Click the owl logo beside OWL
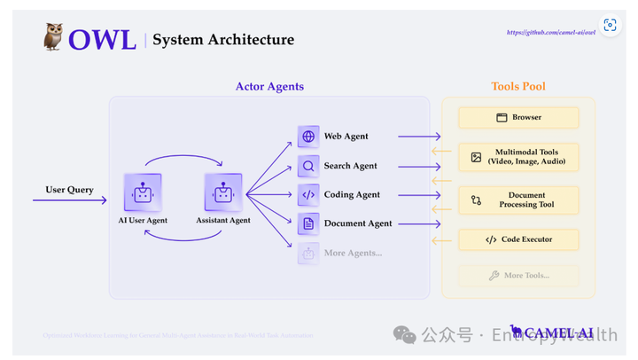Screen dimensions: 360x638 point(52,37)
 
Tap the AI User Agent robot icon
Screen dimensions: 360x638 point(142,192)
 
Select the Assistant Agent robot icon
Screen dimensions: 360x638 point(222,192)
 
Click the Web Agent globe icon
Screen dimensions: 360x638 point(308,137)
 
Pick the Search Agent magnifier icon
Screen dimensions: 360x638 point(308,166)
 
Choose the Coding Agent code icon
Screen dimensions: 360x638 point(308,195)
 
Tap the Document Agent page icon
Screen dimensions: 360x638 point(308,223)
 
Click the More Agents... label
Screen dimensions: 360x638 point(353,253)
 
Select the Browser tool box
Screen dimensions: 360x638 point(518,117)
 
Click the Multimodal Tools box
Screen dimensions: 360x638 point(518,157)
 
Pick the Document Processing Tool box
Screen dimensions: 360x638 point(518,200)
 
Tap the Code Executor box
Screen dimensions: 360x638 point(518,239)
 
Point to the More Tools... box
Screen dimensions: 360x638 point(518,276)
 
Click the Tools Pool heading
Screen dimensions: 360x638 point(518,87)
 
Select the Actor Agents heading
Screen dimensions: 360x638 point(269,87)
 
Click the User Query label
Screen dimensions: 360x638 point(69,190)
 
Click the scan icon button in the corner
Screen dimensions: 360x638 point(610,26)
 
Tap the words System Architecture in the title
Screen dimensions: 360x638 point(223,39)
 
